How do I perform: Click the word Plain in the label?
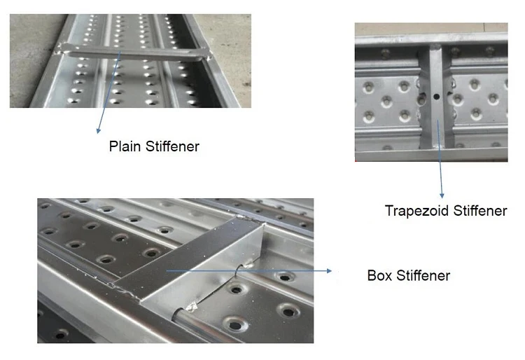[125, 146]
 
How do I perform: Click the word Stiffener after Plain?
[172, 146]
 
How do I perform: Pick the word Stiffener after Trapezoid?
[480, 211]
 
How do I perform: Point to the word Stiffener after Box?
[423, 276]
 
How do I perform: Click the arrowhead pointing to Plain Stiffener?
[98, 130]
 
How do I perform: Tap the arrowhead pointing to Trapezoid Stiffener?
[442, 195]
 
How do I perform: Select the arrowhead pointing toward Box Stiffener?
[329, 270]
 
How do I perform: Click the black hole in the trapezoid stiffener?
[436, 97]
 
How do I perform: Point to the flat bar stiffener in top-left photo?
[136, 54]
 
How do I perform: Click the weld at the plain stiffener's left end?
[60, 49]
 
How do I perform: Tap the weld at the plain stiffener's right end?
[209, 57]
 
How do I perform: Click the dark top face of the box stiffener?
[188, 255]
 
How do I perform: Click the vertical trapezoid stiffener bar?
[436, 97]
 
